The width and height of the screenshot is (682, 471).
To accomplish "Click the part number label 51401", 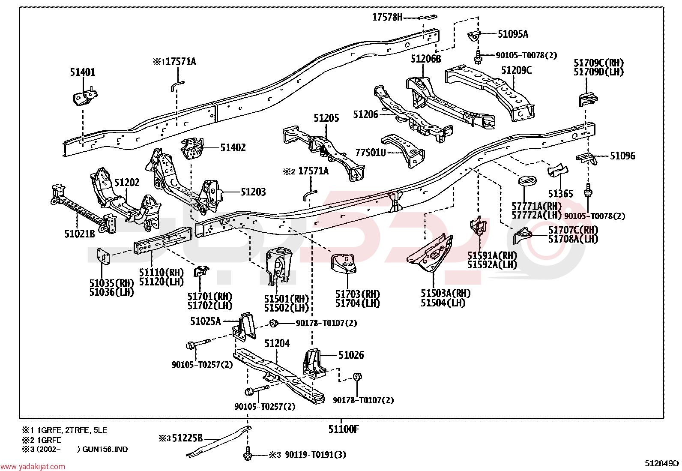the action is (83, 72).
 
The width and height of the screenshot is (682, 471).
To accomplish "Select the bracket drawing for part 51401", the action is (85, 97).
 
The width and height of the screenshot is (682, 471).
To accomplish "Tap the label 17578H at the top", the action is (387, 18).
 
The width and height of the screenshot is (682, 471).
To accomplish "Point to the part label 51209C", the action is (516, 70).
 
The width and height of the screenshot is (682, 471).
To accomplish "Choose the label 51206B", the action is (426, 59).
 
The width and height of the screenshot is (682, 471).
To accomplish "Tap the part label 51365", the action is (560, 194).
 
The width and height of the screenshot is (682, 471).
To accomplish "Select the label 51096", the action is (622, 156).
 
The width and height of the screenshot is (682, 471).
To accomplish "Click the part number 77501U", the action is (371, 152).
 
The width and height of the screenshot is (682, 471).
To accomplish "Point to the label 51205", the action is (326, 118).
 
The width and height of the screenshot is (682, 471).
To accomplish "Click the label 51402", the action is (233, 148).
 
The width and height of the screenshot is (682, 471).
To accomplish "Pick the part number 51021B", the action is (80, 234).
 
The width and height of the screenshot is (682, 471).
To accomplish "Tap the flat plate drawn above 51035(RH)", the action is (103, 257).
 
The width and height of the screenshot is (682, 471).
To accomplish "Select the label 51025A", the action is (206, 321).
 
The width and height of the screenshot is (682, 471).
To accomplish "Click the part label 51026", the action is (351, 355).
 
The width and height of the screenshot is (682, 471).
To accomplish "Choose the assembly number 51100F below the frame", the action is (344, 429).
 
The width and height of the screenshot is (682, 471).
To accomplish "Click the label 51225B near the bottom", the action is (187, 438).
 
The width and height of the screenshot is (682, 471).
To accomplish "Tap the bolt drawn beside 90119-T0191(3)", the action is (248, 453).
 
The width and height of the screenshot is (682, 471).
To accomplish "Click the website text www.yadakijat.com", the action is (33, 466).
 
